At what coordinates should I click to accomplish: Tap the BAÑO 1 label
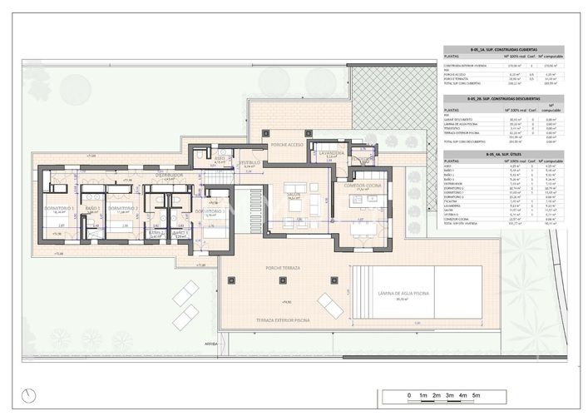tap(92, 208)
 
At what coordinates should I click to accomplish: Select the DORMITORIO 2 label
tap(121, 208)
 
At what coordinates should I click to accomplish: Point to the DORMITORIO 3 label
tap(211, 211)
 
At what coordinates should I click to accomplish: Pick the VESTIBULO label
tap(250, 163)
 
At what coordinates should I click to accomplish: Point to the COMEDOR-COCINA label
tap(362, 186)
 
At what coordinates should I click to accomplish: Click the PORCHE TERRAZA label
tap(284, 269)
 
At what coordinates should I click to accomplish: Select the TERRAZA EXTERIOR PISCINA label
tap(284, 320)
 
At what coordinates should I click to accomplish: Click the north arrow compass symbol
tap(31, 394)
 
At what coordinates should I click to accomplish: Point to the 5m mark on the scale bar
tap(477, 394)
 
